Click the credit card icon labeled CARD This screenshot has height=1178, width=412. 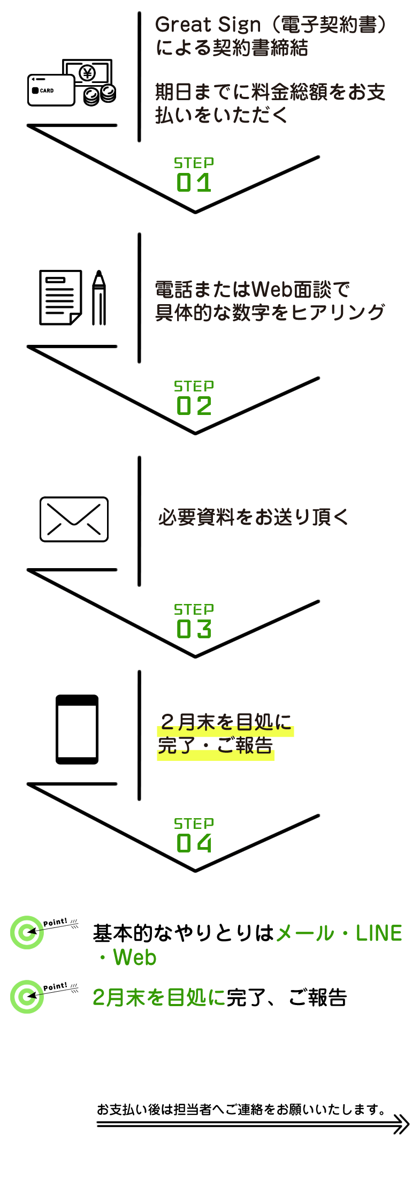pyautogui.click(x=51, y=90)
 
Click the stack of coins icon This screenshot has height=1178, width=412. pyautogui.click(x=100, y=95)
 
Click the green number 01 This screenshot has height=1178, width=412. pyautogui.click(x=194, y=183)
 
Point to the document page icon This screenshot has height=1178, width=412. pyautogui.click(x=60, y=297)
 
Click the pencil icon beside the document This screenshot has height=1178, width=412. pyautogui.click(x=99, y=297)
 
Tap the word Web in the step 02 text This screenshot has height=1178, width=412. pyautogui.click(x=272, y=290)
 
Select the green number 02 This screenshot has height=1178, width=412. pyautogui.click(x=194, y=406)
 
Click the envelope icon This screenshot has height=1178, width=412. pyautogui.click(x=74, y=519)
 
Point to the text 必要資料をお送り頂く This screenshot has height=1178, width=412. pyautogui.click(x=253, y=517)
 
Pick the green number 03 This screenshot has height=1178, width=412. pyautogui.click(x=194, y=629)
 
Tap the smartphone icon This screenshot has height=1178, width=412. pyautogui.click(x=77, y=729)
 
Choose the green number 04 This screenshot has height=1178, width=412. pyautogui.click(x=194, y=843)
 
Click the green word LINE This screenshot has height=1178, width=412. pyautogui.click(x=379, y=933)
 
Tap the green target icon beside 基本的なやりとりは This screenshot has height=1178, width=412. pyautogui.click(x=26, y=932)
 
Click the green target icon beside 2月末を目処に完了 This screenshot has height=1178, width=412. pyautogui.click(x=26, y=996)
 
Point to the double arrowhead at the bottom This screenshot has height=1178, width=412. pyautogui.click(x=401, y=1124)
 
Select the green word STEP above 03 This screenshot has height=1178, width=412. pyautogui.click(x=194, y=609)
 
